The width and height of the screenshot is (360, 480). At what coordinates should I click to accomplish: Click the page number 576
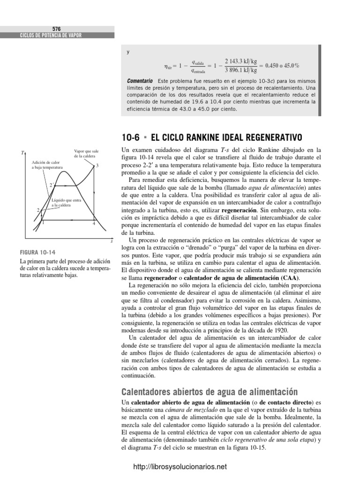point(57,29)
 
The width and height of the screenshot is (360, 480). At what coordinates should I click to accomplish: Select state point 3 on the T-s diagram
point(97,166)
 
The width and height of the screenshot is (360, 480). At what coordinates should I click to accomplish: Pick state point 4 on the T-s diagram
point(94,224)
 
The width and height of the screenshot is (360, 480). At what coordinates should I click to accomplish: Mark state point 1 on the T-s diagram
point(43,223)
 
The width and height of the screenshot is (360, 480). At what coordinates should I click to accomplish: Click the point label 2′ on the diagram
point(51,184)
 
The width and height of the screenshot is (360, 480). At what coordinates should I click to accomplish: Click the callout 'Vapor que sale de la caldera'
point(86,153)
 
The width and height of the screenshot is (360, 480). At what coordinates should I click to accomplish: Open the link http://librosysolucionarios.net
point(180,466)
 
